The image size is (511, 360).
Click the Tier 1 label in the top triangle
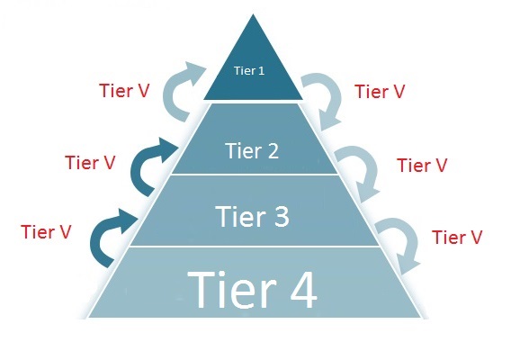249,71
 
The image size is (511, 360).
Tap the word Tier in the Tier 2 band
243,150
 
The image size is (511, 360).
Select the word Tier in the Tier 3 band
240,216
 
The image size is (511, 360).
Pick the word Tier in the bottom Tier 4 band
232,289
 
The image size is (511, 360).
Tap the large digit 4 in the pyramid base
303,290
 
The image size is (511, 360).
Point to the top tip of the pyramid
253,14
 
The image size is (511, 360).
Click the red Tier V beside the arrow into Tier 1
124,90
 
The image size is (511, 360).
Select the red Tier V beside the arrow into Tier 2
90,162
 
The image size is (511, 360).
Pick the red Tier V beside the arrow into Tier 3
46,232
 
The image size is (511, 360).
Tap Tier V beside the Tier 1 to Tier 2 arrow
380,91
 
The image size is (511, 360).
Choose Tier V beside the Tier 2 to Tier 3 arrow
422,165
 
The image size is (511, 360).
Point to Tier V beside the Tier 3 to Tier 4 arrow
457,237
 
